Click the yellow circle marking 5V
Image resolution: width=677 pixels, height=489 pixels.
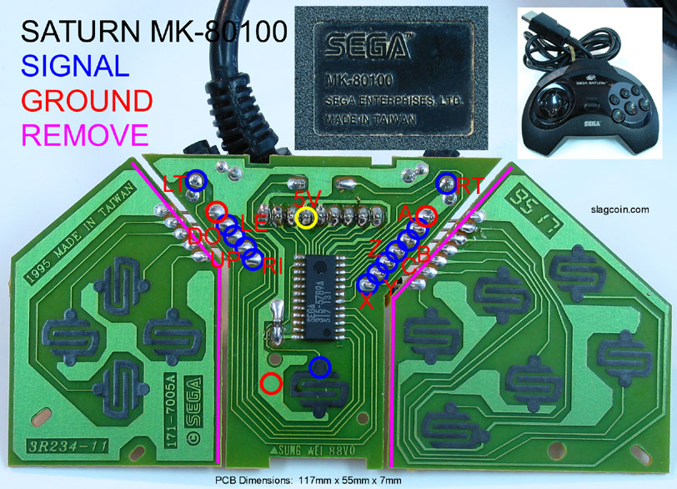tap(306, 218)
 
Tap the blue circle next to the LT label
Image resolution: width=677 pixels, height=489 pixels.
tap(198, 179)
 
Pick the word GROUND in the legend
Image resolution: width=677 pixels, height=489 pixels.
tap(86, 100)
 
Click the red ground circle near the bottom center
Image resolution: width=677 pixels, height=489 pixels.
tap(270, 383)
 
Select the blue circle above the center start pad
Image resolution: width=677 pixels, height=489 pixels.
tap(318, 366)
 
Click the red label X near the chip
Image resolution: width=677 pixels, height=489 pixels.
tap(366, 303)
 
